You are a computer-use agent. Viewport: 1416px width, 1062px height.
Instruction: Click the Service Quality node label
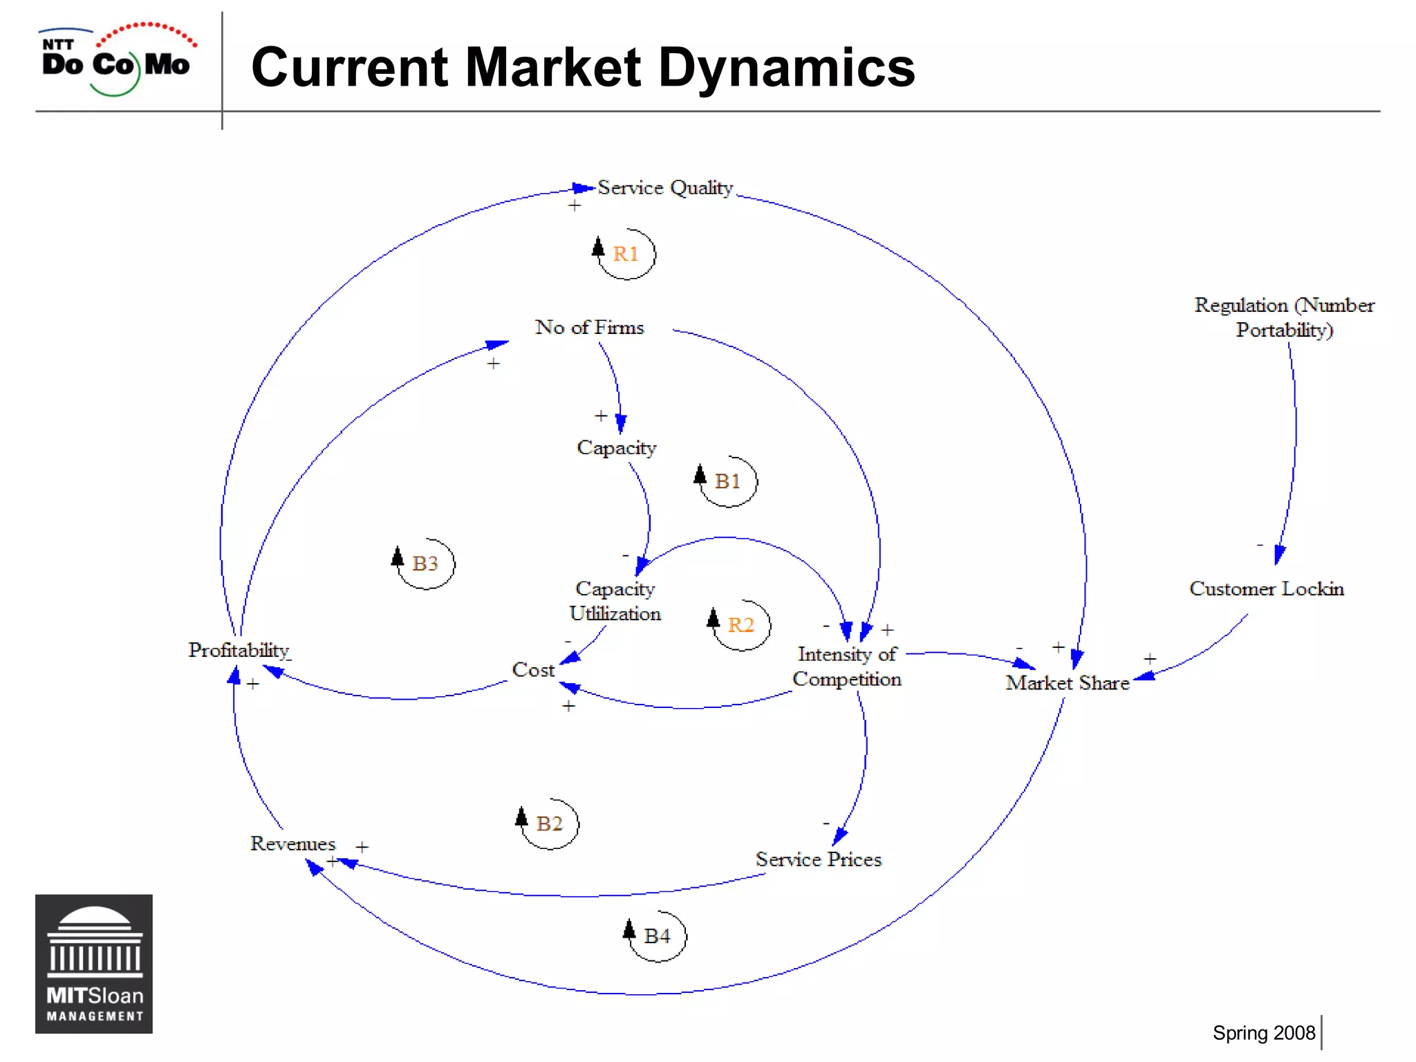click(664, 188)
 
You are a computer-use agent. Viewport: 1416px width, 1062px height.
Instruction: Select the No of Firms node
click(589, 327)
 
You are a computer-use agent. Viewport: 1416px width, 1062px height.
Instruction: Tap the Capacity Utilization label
click(615, 601)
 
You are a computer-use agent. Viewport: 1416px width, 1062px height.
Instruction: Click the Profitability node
click(239, 650)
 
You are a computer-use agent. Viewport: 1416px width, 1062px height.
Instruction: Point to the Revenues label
click(292, 844)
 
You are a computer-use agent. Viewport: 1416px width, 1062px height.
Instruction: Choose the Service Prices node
click(818, 859)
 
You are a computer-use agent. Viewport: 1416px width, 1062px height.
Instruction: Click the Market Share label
click(1067, 683)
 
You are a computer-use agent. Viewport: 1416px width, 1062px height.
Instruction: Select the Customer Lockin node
click(1266, 589)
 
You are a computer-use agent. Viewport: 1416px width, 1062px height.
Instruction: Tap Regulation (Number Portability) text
click(1284, 317)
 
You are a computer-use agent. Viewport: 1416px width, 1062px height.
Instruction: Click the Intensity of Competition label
click(847, 667)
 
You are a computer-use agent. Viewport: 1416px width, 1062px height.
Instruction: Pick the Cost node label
click(533, 670)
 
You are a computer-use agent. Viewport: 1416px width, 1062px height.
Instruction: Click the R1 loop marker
click(625, 254)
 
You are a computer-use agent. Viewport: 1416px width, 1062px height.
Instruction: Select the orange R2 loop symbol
click(740, 625)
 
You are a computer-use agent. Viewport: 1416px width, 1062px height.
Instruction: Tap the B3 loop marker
click(425, 563)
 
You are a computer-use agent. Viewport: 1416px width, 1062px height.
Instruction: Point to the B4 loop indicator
click(656, 936)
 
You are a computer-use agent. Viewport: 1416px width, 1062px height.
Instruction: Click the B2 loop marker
click(549, 823)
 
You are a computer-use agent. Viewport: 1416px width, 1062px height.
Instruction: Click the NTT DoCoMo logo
click(116, 61)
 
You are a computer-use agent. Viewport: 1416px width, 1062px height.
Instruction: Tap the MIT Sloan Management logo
click(94, 964)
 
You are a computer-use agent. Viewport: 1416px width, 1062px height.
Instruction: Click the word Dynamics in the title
click(786, 68)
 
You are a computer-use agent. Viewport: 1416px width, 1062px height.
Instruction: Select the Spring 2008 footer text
click(1263, 1033)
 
